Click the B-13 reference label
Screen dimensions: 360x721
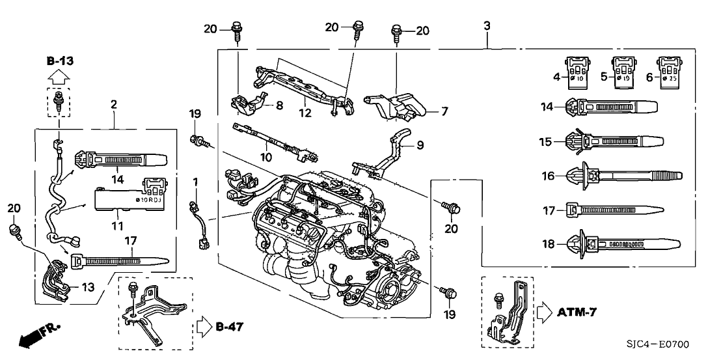click(60, 61)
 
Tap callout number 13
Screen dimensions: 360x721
click(87, 286)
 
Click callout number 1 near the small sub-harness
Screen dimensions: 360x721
click(195, 179)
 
